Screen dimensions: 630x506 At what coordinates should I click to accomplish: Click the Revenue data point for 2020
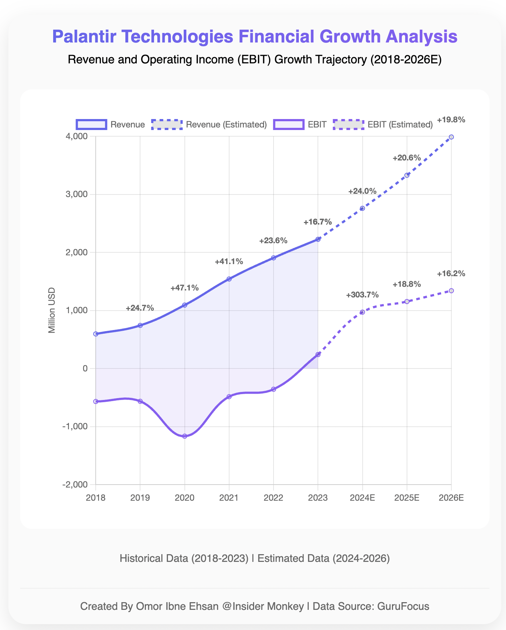(x=185, y=305)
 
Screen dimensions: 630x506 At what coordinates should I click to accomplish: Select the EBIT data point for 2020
(x=185, y=436)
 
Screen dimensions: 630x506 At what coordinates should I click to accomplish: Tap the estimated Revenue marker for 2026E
(x=451, y=137)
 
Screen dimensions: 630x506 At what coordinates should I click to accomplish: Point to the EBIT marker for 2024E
(x=362, y=312)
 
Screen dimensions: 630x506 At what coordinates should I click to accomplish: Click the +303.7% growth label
(x=362, y=295)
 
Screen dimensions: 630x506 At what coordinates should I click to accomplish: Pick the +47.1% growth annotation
(x=185, y=288)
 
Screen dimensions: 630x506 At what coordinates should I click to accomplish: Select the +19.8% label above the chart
(x=451, y=119)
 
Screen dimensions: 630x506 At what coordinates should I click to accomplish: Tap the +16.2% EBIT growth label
(x=451, y=273)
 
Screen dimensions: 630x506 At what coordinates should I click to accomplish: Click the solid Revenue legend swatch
(x=92, y=125)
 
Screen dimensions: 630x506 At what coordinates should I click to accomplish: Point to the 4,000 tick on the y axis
(x=77, y=136)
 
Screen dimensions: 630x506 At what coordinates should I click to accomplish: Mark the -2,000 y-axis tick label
(x=75, y=485)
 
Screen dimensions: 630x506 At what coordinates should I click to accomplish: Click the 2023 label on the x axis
(x=318, y=498)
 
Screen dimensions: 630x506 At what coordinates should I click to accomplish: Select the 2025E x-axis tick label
(x=407, y=498)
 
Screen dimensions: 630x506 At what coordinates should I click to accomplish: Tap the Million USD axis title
(x=52, y=310)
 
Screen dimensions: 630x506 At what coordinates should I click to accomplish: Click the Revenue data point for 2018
(x=96, y=334)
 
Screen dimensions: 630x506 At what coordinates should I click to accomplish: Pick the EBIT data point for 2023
(x=318, y=355)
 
